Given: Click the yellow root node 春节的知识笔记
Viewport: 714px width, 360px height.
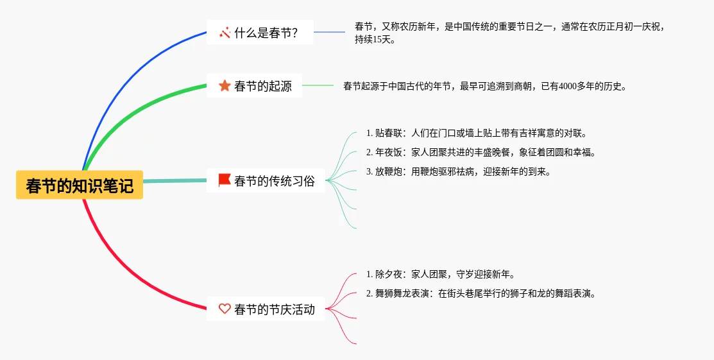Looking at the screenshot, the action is (x=80, y=185).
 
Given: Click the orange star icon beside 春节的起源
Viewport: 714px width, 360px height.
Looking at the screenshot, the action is (x=225, y=85).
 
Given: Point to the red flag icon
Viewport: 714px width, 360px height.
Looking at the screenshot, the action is (x=225, y=180).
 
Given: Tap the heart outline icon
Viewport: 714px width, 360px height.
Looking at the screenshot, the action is (x=225, y=309).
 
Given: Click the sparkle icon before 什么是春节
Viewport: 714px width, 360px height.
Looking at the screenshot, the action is (x=225, y=32).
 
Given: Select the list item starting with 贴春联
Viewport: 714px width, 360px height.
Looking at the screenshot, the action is (x=476, y=133).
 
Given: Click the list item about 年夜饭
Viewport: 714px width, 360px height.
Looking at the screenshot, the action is (x=480, y=153).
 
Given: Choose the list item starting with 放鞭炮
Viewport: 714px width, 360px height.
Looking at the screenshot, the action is (x=458, y=172).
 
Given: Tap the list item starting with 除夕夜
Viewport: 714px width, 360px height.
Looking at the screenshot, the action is (x=440, y=275).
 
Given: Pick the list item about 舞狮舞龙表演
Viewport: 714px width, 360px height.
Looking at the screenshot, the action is (x=480, y=294).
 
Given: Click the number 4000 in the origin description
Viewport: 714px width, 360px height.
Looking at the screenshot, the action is (x=568, y=86).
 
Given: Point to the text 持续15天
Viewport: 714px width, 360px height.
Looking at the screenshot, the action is (x=375, y=39).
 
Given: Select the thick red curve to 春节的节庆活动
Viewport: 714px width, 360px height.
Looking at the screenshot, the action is (x=128, y=277).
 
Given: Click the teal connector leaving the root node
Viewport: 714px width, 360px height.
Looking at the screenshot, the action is (x=173, y=181).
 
